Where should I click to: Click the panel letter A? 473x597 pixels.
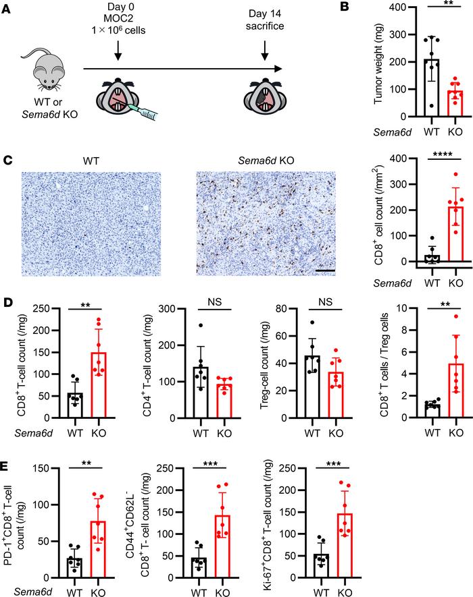point(9,9)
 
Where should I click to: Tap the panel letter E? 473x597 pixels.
point(9,465)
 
